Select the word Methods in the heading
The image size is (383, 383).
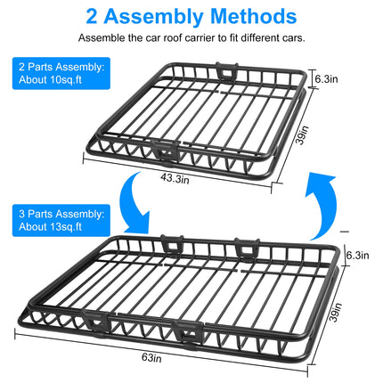pyautogui.click(x=260, y=16)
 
